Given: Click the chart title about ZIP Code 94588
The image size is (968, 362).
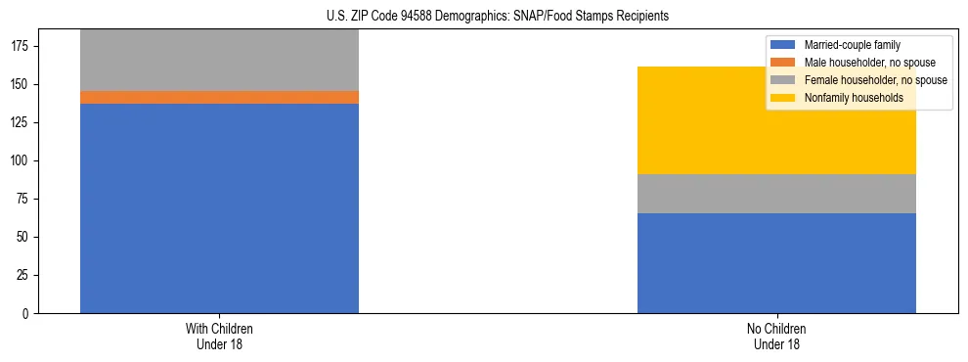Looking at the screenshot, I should pos(498,17).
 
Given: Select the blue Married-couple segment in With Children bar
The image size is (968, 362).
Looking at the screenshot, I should pos(219,208).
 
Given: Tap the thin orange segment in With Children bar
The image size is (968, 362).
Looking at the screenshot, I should pos(219,97).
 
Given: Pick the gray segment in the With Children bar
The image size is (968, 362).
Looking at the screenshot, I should pos(219,61).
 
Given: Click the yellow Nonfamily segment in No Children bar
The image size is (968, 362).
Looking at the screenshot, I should pos(776,120).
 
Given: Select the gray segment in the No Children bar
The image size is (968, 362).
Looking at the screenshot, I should pos(776,194).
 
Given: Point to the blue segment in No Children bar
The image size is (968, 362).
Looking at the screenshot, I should pos(776,263).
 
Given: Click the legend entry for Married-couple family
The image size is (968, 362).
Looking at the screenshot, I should pos(852,45).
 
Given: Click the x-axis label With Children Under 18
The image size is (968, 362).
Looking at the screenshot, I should pos(219,336).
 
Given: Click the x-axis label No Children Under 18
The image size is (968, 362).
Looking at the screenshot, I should pos(776,336).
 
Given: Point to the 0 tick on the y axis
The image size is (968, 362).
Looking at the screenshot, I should pos(27,314).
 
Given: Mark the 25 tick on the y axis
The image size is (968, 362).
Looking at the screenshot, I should pos(24,276).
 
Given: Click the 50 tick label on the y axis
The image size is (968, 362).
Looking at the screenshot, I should pos(24,238).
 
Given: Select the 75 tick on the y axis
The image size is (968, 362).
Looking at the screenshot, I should pos(24,200).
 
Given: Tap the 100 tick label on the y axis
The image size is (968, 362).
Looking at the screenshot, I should pos(22,161).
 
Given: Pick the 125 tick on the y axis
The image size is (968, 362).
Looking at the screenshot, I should pos(22,123).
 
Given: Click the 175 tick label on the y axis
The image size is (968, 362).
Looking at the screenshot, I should pos(22,47).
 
